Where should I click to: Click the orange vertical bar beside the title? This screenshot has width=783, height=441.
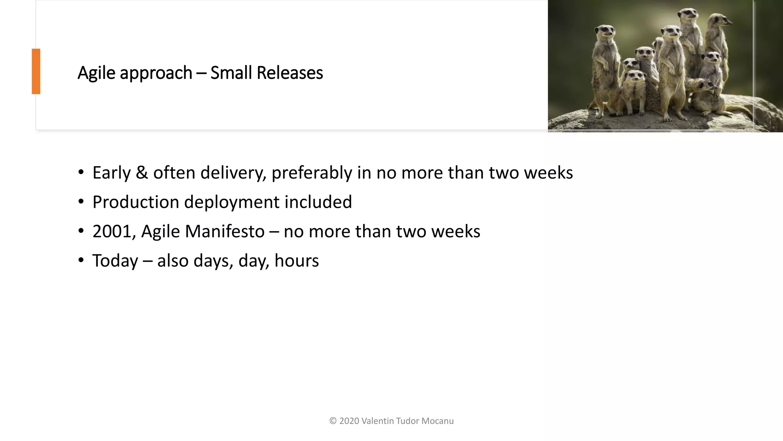point(36,71)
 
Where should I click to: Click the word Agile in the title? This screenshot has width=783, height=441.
point(96,73)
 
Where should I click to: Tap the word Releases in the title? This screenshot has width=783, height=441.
point(289,73)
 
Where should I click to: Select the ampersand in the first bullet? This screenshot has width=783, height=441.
point(141,173)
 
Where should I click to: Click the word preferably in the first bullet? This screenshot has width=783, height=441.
point(312,173)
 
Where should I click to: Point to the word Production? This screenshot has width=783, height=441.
point(135,202)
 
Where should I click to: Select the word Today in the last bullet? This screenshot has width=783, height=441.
point(115,261)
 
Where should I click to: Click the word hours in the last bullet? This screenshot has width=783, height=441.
point(296,261)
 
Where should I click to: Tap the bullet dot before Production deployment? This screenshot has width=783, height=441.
point(81,202)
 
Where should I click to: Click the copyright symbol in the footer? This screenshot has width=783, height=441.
point(333,421)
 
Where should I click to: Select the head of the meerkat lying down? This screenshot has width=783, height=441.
point(708,85)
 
